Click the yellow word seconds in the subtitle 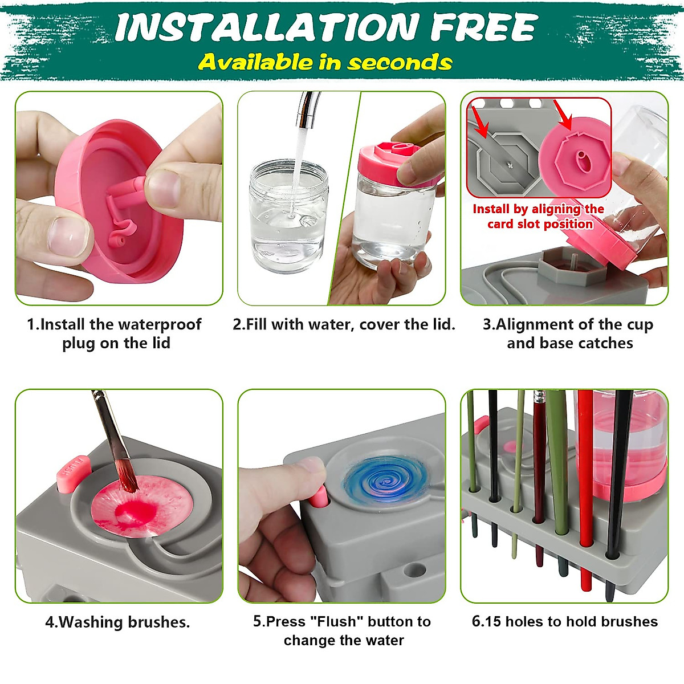[400, 62]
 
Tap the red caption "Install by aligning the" [538, 209]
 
